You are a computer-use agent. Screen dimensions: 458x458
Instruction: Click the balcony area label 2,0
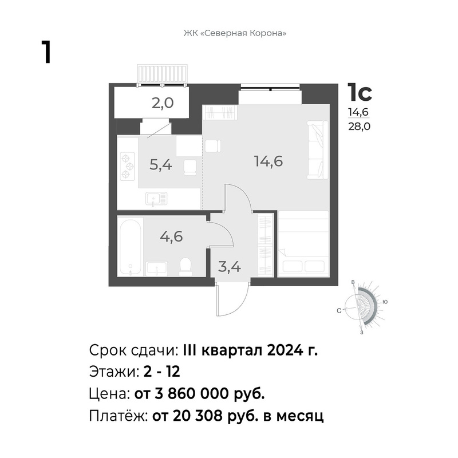pyautogui.click(x=163, y=103)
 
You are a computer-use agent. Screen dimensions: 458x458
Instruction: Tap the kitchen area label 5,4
pyautogui.click(x=161, y=165)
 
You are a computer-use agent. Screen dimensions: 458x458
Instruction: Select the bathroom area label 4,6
pyautogui.click(x=171, y=236)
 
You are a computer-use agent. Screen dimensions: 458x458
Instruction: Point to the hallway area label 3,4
pyautogui.click(x=230, y=267)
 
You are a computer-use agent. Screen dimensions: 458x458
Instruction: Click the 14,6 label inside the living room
pyautogui.click(x=269, y=161)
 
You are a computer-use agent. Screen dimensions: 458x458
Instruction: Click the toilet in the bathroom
pyautogui.click(x=185, y=267)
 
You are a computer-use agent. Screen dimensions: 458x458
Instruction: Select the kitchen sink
pyautogui.click(x=156, y=199)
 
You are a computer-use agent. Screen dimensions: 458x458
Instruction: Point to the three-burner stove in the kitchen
pyautogui.click(x=128, y=167)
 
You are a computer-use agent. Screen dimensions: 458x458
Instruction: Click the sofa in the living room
pyautogui.click(x=318, y=149)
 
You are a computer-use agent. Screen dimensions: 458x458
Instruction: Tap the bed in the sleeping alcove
pyautogui.click(x=303, y=244)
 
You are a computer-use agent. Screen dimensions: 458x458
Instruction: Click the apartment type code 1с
pyautogui.click(x=360, y=92)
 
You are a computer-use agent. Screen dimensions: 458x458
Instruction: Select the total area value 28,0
pyautogui.click(x=360, y=127)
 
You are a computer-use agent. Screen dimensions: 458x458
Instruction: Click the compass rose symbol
pyautogui.click(x=362, y=308)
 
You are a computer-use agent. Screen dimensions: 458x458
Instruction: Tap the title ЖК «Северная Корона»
pyautogui.click(x=235, y=33)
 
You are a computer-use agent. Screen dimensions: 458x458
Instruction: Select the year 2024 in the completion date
pyautogui.click(x=285, y=350)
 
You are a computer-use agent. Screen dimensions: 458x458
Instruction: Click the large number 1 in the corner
pyautogui.click(x=46, y=52)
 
